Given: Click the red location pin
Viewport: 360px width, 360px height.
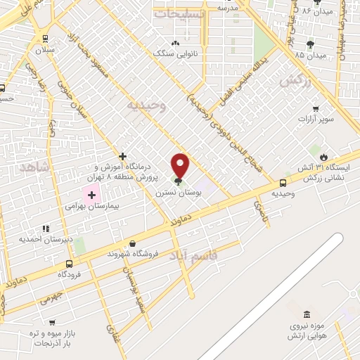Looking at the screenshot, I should coord(181,164).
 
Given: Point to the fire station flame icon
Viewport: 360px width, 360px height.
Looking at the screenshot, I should coord(323,156).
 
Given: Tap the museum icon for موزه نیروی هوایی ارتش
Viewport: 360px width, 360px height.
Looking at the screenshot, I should coord(305,314).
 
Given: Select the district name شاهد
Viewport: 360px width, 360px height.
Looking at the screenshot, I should coord(33,167).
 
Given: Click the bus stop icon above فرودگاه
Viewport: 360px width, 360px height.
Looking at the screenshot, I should coord(68,264).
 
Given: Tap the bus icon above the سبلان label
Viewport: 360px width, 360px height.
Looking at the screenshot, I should coord(46,39).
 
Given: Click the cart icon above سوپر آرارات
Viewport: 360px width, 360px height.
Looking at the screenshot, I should coord(315,108).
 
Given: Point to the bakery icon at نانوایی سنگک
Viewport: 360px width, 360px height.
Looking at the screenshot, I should coord(174,44).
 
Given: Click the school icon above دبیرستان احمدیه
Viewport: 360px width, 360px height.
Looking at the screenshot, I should coord(46,228).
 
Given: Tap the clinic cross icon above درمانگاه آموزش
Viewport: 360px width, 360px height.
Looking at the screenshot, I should coord(122,156).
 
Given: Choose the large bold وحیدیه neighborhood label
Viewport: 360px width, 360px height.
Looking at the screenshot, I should coord(146,105).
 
